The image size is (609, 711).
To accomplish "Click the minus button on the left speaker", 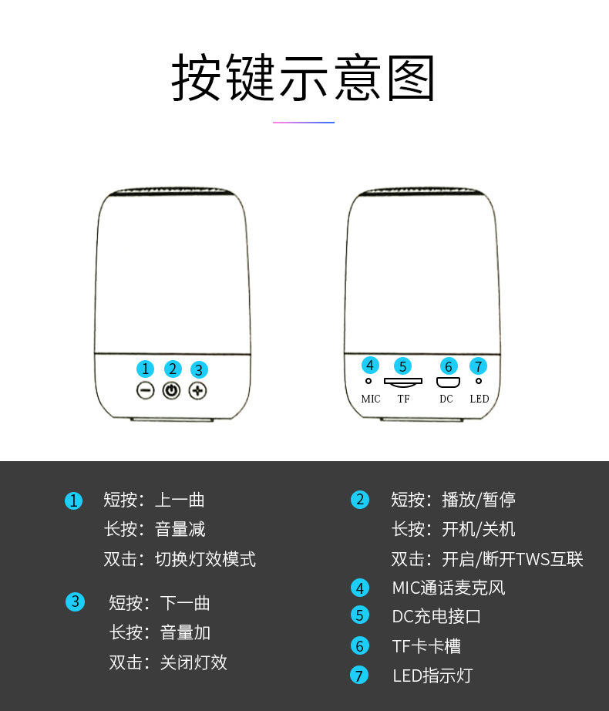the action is click(146, 390).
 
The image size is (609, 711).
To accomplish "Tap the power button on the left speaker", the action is click(171, 390).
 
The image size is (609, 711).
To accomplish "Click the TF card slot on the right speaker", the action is click(403, 382).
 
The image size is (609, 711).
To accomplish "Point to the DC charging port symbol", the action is click(448, 382).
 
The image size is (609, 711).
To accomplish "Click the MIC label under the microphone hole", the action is click(371, 399).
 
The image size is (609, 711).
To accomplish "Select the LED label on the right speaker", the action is click(479, 399).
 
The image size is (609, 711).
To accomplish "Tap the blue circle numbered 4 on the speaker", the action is click(370, 365).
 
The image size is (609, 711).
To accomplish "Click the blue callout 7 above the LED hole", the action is click(479, 366).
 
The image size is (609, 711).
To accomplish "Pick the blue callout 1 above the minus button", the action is click(146, 369).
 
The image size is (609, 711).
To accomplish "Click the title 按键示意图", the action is click(303, 77).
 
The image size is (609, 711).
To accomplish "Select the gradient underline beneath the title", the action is click(304, 123).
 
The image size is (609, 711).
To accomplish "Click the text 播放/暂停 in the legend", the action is click(479, 500).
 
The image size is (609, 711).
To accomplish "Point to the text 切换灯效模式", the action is click(205, 559).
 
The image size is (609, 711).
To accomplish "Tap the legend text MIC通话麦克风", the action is click(449, 588).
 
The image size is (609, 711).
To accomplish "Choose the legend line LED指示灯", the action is click(432, 676).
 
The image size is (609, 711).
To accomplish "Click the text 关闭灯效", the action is click(193, 662).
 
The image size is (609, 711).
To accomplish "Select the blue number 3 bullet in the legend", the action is click(76, 602).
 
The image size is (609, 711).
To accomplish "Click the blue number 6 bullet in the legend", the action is click(360, 645).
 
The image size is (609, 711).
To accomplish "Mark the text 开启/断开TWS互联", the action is click(513, 559).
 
